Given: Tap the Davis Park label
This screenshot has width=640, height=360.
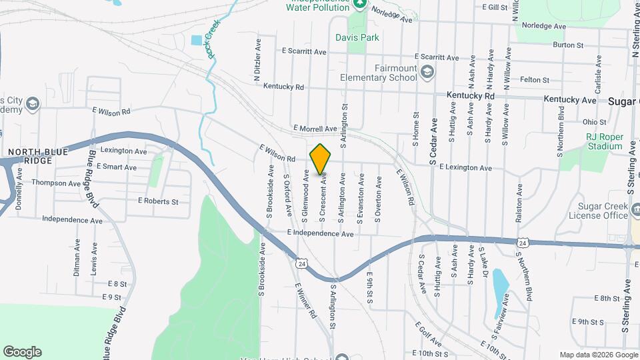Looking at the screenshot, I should pos(357,37).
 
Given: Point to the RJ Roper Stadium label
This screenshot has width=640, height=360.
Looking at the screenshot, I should pos(604,141).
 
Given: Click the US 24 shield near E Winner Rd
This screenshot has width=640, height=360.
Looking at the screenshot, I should pos(302,264).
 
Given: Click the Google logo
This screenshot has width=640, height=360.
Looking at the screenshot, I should pos(22,352).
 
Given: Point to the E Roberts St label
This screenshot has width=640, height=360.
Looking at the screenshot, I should pos(158,201).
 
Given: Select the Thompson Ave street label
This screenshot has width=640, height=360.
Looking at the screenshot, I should pos(56,183).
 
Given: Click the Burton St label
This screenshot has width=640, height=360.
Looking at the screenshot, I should pos(568,45).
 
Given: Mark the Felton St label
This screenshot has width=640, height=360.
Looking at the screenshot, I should pos(535,80).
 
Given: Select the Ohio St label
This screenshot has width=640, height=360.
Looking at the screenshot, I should pos(594,122).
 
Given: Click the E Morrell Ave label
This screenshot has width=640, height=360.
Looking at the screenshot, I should pos(315,129).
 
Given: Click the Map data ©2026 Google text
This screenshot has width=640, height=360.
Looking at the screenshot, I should pos(597,355).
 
